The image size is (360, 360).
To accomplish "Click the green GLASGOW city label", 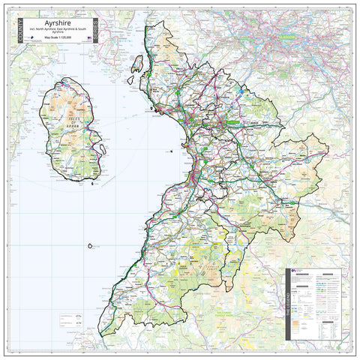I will (284, 35).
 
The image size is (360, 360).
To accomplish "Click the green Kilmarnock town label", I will (232, 121).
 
